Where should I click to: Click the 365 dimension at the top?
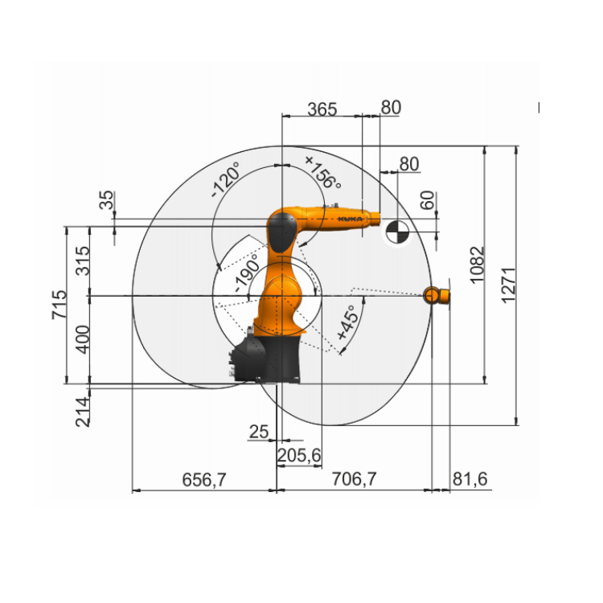(x=322, y=108)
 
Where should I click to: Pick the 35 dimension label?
(x=107, y=200)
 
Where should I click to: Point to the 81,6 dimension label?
(x=470, y=480)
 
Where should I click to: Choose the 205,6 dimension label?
(x=299, y=456)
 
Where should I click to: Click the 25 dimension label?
(x=258, y=432)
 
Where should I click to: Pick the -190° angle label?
(x=246, y=276)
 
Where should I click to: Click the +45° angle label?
(x=348, y=326)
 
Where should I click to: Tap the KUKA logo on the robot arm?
(x=348, y=218)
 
